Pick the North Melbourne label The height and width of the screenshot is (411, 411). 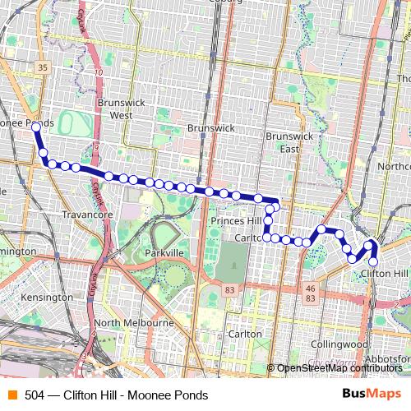(x=134, y=323)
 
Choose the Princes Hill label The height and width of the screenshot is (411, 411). (x=236, y=221)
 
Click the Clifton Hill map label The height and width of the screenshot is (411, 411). (x=384, y=273)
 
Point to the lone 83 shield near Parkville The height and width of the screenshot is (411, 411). (x=229, y=291)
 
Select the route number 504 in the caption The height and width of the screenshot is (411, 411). (x=34, y=395)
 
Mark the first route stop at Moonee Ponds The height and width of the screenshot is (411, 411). (x=36, y=127)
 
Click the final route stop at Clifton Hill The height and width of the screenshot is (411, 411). (x=373, y=261)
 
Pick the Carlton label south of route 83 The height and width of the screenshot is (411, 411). (x=245, y=334)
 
